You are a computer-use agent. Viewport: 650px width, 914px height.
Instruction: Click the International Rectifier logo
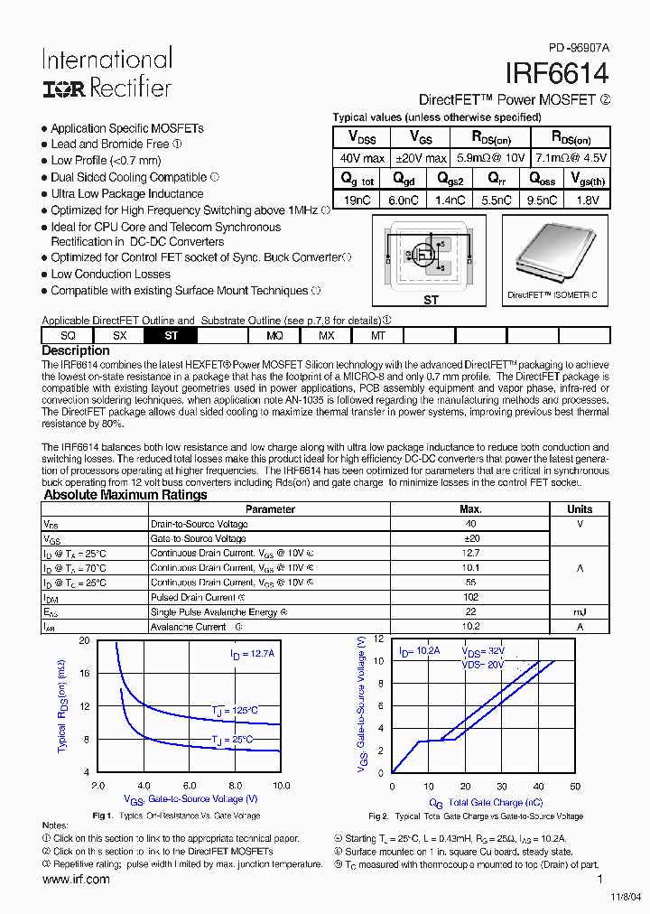click(x=107, y=73)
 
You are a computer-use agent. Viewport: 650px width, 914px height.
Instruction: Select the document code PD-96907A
click(x=579, y=47)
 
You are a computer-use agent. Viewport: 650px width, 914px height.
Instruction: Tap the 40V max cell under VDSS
click(x=361, y=158)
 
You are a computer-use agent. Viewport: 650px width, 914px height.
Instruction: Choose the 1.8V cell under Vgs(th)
click(x=586, y=201)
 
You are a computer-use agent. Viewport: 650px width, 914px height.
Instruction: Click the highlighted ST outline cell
click(x=172, y=335)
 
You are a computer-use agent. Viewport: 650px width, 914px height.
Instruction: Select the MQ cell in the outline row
click(x=275, y=335)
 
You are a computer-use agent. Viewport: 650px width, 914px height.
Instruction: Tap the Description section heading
click(x=76, y=350)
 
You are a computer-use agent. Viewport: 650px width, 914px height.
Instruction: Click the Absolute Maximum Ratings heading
click(x=125, y=495)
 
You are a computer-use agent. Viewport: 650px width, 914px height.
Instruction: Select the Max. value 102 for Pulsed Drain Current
click(x=470, y=597)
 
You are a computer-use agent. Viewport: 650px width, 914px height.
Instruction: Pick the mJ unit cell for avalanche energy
click(x=580, y=611)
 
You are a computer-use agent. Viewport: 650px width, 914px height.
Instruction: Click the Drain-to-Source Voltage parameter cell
click(x=199, y=524)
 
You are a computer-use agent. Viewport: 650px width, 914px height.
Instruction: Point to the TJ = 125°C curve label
click(x=235, y=711)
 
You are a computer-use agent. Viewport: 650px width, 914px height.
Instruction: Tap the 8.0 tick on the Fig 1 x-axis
click(x=235, y=786)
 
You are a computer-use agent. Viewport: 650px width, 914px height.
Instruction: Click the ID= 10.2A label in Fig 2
click(x=419, y=650)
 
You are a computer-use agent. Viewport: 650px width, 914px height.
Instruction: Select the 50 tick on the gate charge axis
click(x=575, y=787)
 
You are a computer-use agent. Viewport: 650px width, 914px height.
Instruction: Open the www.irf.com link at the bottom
click(x=76, y=880)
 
